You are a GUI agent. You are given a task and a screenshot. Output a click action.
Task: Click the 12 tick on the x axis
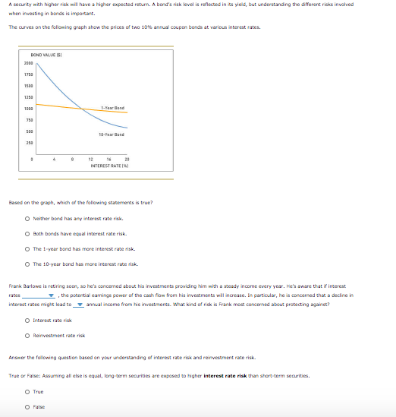click(x=90, y=159)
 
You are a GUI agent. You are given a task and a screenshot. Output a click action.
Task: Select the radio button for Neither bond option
click(x=27, y=219)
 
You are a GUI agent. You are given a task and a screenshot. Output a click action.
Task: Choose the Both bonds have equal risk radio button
click(x=27, y=234)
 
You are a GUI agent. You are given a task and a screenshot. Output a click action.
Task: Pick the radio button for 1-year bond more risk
click(x=27, y=249)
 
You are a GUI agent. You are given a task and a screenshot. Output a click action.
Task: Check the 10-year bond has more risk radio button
click(x=27, y=264)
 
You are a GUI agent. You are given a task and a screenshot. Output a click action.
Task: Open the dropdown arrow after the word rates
click(x=52, y=295)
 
